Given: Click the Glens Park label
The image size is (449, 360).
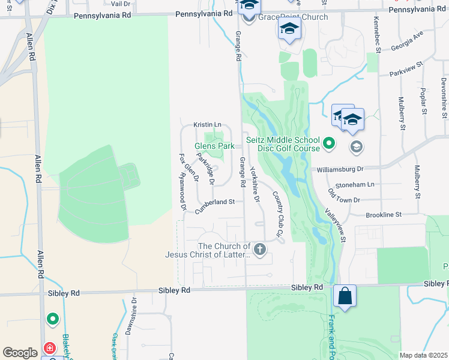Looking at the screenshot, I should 214,146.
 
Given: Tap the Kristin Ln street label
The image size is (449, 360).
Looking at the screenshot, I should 207,124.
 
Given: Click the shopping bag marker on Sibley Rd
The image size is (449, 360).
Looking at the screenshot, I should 345,296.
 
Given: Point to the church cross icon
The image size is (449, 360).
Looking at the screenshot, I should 259,249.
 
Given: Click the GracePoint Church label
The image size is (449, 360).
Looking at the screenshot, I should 293,17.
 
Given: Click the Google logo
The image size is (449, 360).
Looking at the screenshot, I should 20,353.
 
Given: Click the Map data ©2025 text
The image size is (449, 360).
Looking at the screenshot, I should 423,355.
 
